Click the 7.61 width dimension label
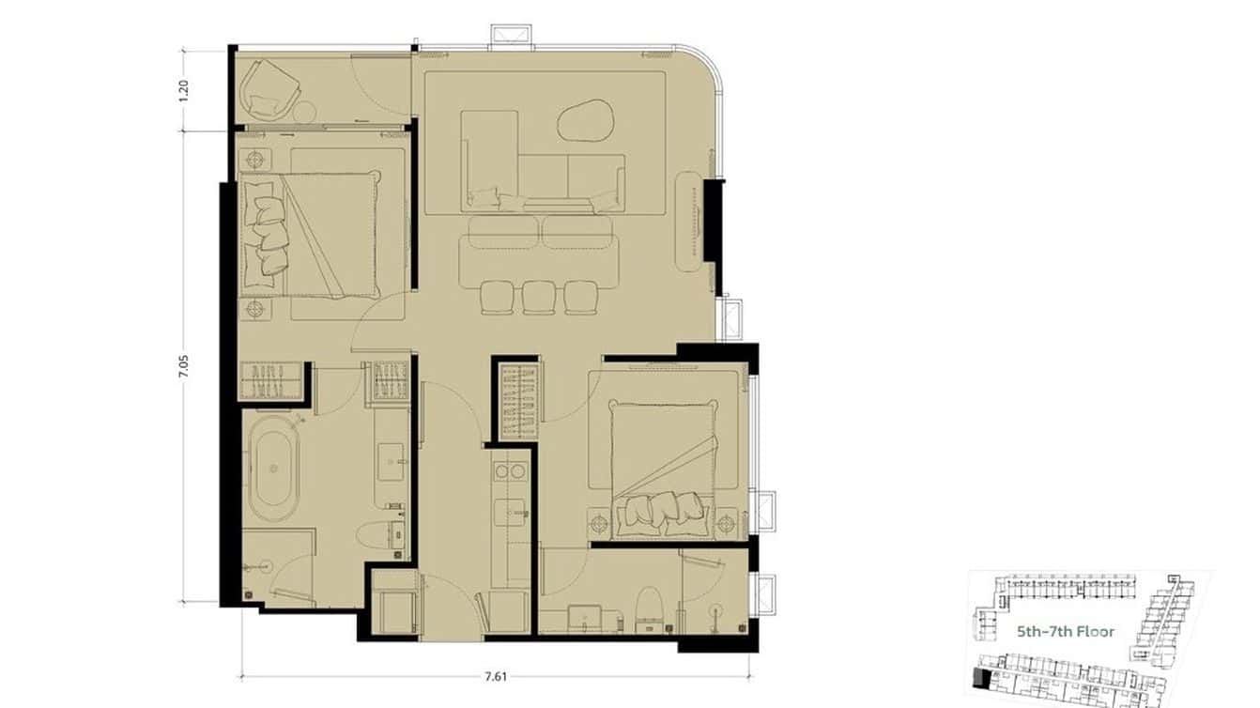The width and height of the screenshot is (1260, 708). pyautogui.click(x=496, y=676)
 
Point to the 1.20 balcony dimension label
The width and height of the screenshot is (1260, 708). pyautogui.click(x=183, y=91)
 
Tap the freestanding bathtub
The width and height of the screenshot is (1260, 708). pyautogui.click(x=274, y=468)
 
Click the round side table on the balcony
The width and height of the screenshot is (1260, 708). pyautogui.click(x=305, y=113)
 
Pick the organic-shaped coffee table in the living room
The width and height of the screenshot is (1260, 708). pyautogui.click(x=586, y=120)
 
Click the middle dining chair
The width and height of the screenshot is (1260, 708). pyautogui.click(x=539, y=297)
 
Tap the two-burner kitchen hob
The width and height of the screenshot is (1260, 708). pyautogui.click(x=510, y=471)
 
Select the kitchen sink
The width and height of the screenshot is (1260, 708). pyautogui.click(x=511, y=513)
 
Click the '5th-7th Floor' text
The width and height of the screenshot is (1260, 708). pyautogui.click(x=1066, y=632)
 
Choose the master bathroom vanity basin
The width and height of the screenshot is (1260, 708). pyautogui.click(x=391, y=462)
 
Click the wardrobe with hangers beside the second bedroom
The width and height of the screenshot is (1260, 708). pyautogui.click(x=518, y=401)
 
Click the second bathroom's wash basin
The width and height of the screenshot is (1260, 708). pyautogui.click(x=585, y=618)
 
